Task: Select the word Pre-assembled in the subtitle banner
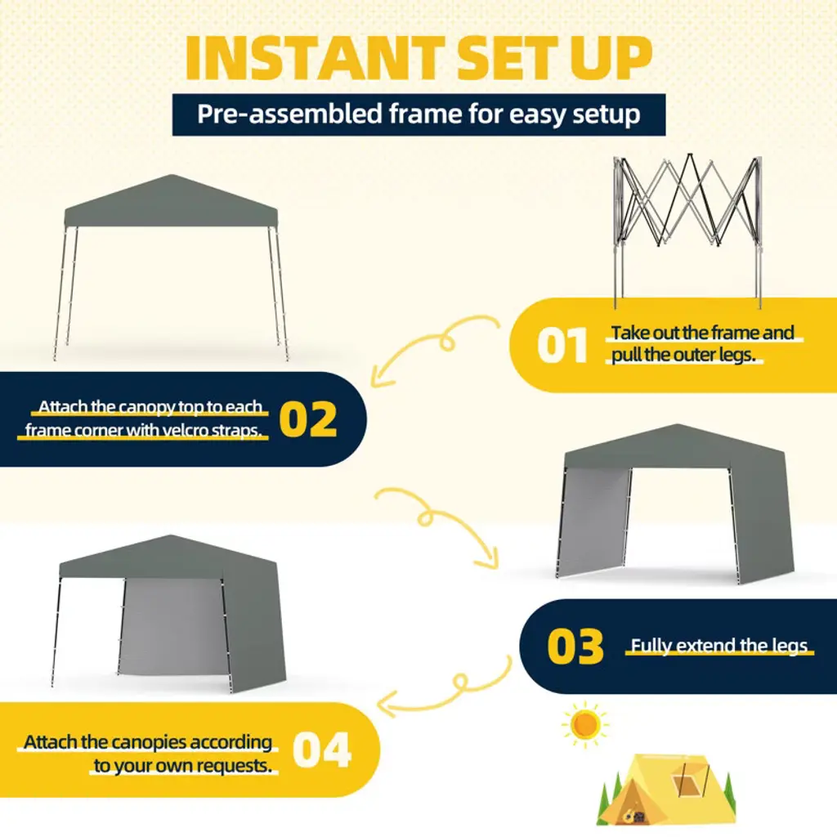[x=290, y=114]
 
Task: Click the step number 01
[x=562, y=346]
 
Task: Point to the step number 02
[x=308, y=419]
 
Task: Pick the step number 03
[x=575, y=647]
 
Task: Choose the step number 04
[x=322, y=750]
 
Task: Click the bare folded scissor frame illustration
[x=688, y=231]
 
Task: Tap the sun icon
[x=585, y=725]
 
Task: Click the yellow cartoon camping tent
[x=667, y=789]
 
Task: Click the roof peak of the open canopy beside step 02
[x=171, y=176]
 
